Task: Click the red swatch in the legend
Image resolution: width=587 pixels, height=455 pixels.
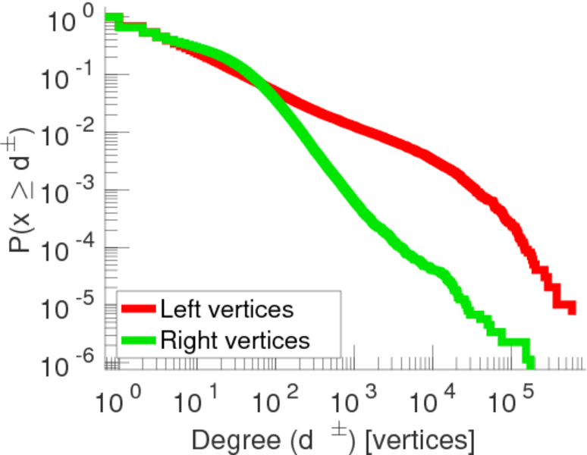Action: [139, 309]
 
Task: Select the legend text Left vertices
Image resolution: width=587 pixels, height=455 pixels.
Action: [226, 309]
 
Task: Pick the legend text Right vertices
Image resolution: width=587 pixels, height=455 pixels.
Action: [234, 340]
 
